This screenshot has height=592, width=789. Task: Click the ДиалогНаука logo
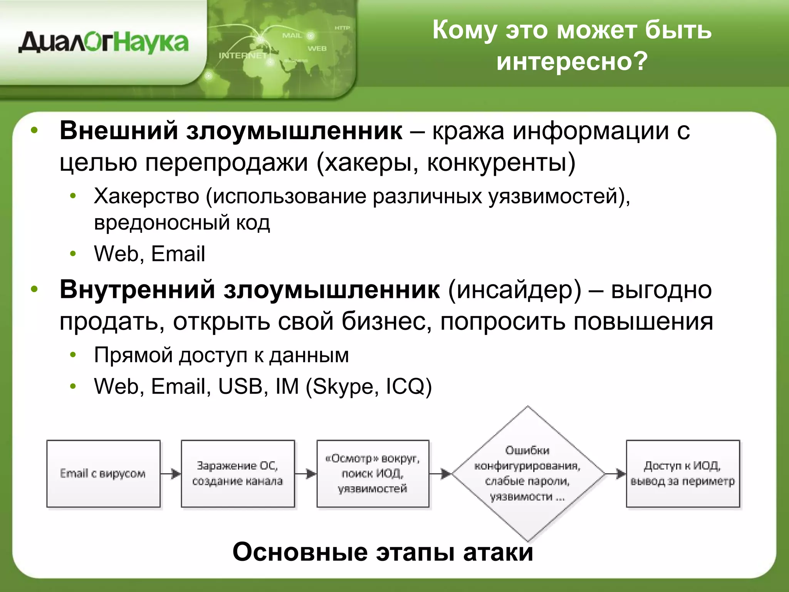click(x=103, y=42)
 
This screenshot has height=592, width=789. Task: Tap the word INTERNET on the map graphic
click(x=243, y=55)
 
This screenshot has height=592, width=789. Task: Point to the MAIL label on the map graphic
click(x=292, y=35)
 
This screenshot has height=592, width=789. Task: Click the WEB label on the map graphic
click(x=317, y=49)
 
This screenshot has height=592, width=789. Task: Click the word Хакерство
click(x=146, y=196)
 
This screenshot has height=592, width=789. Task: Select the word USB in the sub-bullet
click(x=240, y=386)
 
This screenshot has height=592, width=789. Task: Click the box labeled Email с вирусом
click(x=103, y=473)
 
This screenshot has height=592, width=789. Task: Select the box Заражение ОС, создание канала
click(x=238, y=473)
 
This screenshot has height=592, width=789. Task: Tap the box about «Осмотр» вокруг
click(x=373, y=473)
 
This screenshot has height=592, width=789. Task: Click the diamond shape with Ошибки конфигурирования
click(x=527, y=473)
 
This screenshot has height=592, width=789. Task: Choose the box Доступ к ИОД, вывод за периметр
click(x=683, y=473)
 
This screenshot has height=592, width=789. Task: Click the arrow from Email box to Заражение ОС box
click(x=171, y=473)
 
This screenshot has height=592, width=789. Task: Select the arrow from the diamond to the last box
click(x=616, y=473)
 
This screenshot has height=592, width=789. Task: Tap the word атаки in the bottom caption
click(x=498, y=552)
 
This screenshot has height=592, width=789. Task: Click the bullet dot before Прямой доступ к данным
click(x=73, y=355)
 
